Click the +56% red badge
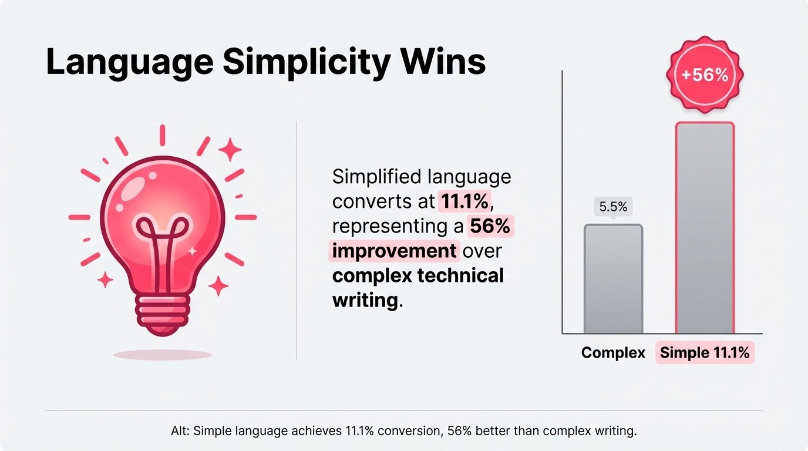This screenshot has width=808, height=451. point(705,76)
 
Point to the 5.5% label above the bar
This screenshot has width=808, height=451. point(613,207)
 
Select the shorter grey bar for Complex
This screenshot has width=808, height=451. point(613,279)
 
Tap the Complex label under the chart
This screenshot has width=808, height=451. point(613,353)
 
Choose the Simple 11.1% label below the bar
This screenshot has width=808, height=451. point(705,353)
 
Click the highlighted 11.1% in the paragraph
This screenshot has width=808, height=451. point(464,201)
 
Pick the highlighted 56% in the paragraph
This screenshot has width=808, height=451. point(490,226)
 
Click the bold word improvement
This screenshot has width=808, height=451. point(394,251)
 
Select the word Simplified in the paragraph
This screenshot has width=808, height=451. point(376,177)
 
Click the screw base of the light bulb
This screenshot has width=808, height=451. point(163,312)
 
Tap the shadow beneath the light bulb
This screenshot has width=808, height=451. point(163,355)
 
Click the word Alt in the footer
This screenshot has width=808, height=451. point(178,431)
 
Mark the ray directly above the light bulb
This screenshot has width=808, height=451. point(163,135)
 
